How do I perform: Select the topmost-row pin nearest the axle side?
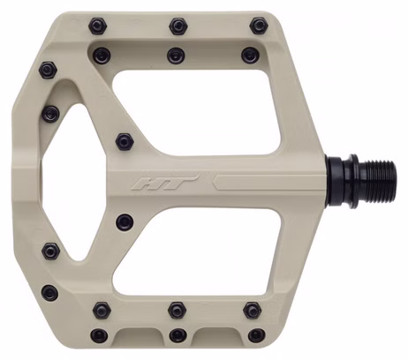tap(259, 26)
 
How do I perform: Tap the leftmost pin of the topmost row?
tap(98, 26)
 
